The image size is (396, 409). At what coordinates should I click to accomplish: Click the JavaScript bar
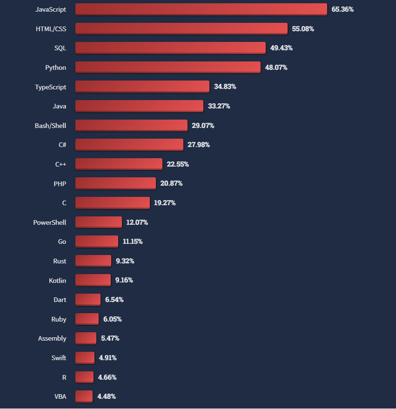[x=201, y=9]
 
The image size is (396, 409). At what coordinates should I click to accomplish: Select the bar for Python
[x=168, y=67]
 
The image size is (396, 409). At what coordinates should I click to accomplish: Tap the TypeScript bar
[x=142, y=87]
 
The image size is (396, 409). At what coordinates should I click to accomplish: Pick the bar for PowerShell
[x=99, y=222]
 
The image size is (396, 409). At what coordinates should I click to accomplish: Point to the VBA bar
[x=84, y=396]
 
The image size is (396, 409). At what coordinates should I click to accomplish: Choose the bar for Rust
[x=94, y=261]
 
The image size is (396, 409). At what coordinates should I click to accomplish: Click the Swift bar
[x=85, y=358]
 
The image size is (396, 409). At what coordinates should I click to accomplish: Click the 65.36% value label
[x=342, y=9]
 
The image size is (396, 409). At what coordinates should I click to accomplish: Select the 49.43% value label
[x=282, y=48]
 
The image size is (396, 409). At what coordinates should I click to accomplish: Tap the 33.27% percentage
[x=219, y=106]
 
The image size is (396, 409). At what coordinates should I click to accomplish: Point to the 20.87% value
[x=171, y=183]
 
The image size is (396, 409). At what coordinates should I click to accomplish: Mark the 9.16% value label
[x=124, y=280]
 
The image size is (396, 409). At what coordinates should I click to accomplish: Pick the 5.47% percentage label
[x=110, y=338]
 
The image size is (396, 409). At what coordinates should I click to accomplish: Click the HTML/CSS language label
[x=51, y=29]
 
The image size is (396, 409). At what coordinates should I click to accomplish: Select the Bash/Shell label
[x=50, y=126]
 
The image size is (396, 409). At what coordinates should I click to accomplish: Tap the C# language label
[x=62, y=145]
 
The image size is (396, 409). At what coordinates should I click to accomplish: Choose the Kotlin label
[x=57, y=281]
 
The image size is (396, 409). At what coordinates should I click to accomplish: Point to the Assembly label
[x=52, y=339]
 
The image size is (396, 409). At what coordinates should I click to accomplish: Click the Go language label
[x=62, y=241]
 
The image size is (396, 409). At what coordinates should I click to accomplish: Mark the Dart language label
[x=60, y=300]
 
